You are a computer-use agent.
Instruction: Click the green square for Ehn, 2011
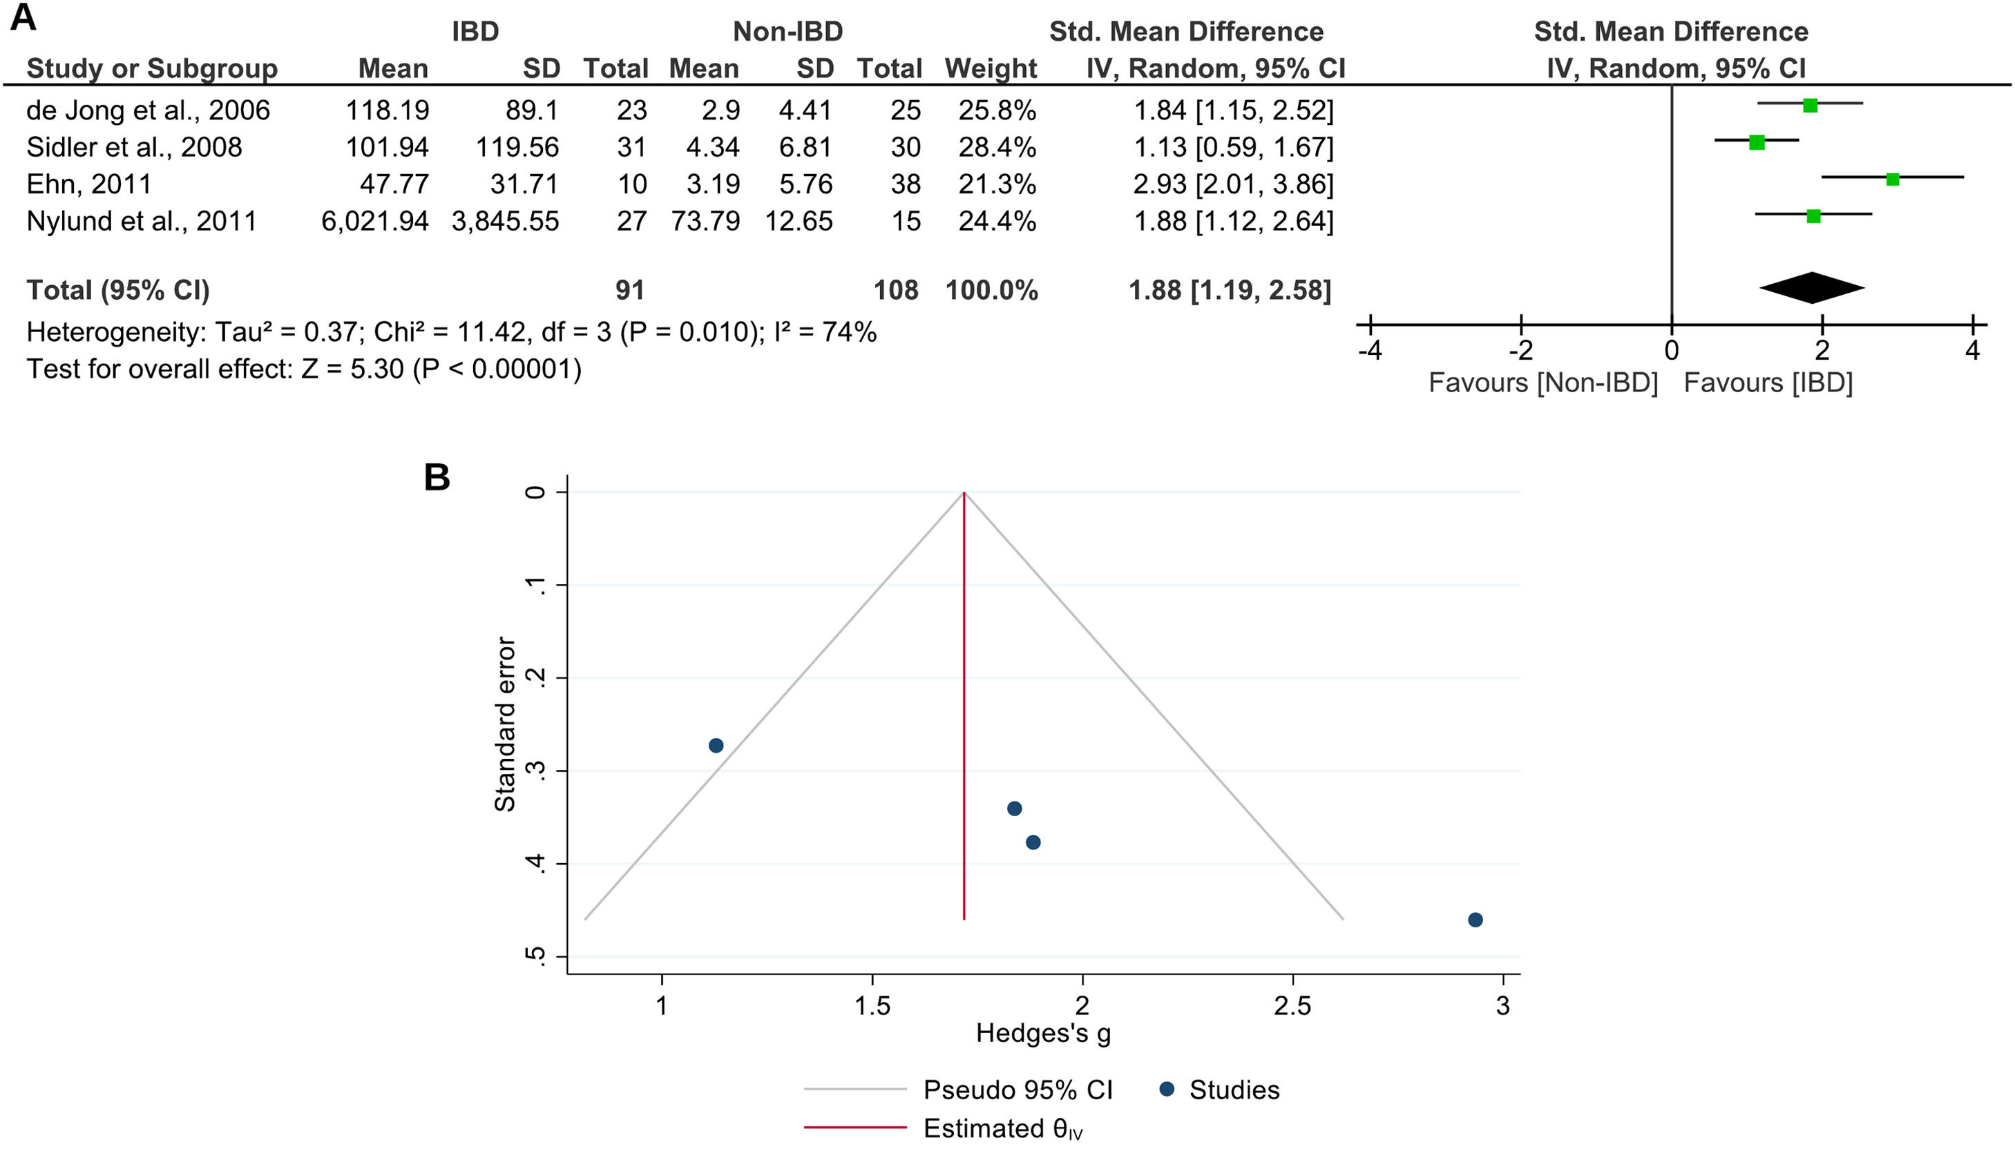click(x=1892, y=179)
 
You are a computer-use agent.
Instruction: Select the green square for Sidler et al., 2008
click(x=1757, y=142)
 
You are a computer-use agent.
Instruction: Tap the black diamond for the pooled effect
click(x=1812, y=288)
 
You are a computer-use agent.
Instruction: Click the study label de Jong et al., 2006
click(x=148, y=110)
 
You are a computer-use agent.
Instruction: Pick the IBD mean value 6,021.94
click(x=375, y=221)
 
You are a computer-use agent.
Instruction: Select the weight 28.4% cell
click(x=997, y=147)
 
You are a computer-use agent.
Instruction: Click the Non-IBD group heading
click(x=787, y=32)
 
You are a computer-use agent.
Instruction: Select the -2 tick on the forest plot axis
click(x=1521, y=349)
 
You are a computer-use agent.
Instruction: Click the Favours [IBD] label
click(x=1768, y=383)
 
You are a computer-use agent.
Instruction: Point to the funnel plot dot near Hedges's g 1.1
click(x=716, y=746)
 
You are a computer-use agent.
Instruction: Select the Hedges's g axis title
click(x=1043, y=1033)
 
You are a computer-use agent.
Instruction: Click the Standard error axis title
click(x=504, y=724)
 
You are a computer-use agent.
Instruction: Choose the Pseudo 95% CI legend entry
click(x=1018, y=1090)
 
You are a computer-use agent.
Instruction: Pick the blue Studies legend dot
click(x=1167, y=1089)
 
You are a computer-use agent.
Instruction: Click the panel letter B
click(x=437, y=477)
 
